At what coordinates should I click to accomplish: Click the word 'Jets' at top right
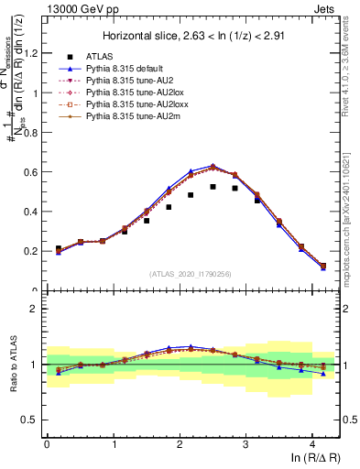(325, 7)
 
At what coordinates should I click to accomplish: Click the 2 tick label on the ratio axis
(36, 309)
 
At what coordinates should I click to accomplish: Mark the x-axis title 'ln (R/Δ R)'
(311, 459)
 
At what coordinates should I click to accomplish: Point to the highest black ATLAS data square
(213, 186)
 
